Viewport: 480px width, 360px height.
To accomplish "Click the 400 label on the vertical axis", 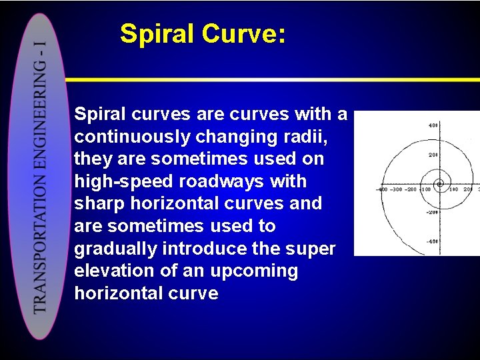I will [x=433, y=125].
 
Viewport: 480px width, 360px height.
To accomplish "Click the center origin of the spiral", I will [x=439, y=183].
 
